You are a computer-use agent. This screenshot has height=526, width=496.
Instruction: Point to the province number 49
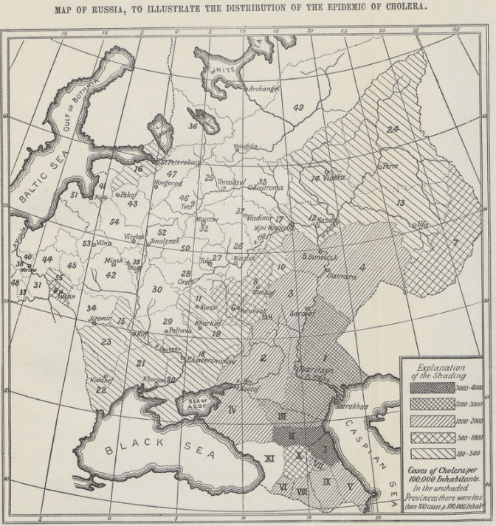coord(298,108)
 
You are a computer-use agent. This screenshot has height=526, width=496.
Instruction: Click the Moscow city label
coord(206,219)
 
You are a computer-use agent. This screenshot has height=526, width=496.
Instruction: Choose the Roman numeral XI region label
coord(269,459)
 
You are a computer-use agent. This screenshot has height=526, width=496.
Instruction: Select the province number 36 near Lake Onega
coord(193,126)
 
